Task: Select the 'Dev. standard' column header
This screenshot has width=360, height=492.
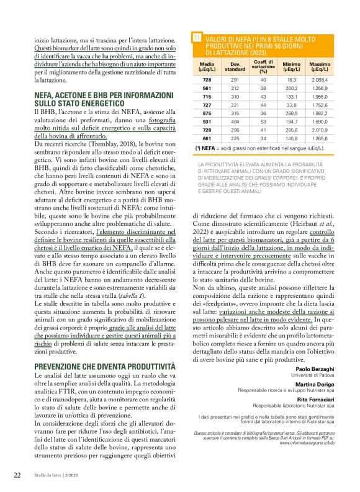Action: pyautogui.click(x=235, y=67)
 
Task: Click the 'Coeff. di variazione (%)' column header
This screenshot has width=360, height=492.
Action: pyautogui.click(x=263, y=67)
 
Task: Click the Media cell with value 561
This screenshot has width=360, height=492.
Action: pyautogui.click(x=207, y=89)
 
